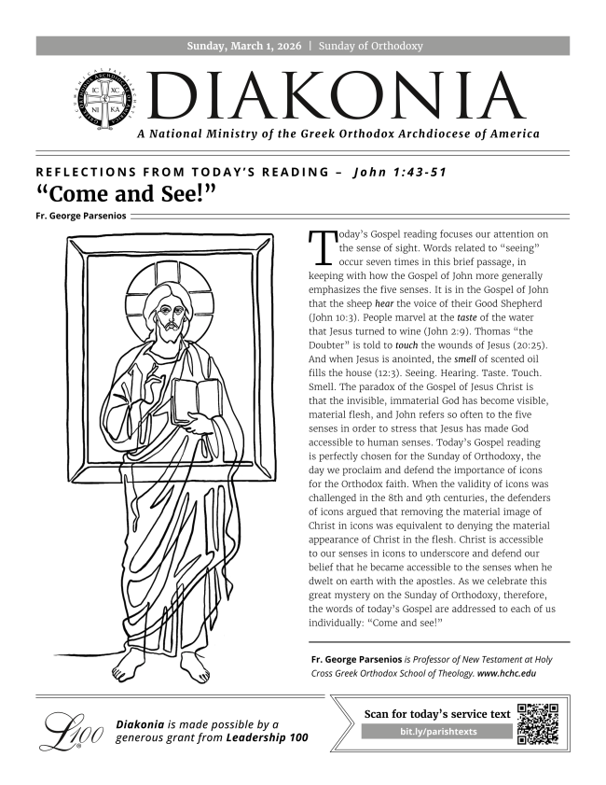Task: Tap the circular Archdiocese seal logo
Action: tap(103, 104)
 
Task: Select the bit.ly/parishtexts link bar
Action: tap(437, 732)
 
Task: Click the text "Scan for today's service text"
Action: tap(437, 714)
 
